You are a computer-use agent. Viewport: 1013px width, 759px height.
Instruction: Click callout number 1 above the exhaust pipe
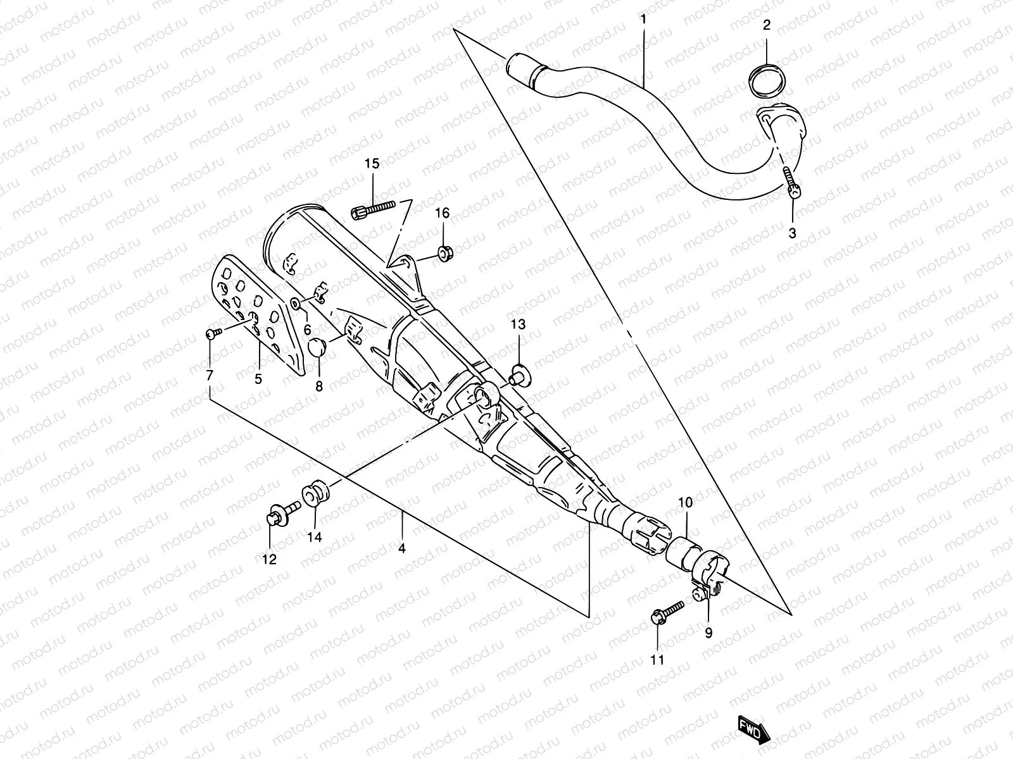click(643, 20)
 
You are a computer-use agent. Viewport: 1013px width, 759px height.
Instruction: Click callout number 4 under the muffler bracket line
click(401, 548)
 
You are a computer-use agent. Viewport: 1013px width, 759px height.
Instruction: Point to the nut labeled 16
click(444, 254)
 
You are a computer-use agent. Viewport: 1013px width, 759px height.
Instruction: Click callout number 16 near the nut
click(442, 214)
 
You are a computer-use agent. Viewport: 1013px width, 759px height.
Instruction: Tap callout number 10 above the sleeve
click(685, 503)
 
